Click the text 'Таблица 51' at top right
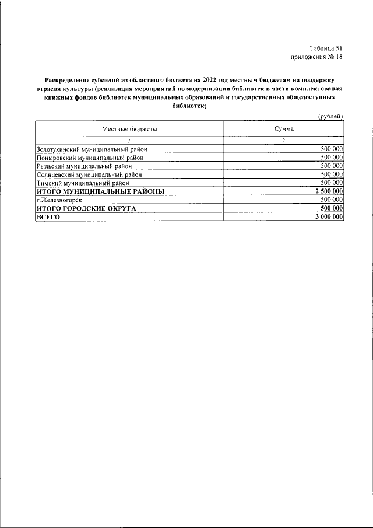pyautogui.click(x=326, y=48)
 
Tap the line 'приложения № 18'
pyautogui.click(x=316, y=57)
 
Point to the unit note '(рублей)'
pyautogui.click(x=330, y=116)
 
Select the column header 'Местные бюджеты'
pyautogui.click(x=129, y=128)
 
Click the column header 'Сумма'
pyautogui.click(x=283, y=128)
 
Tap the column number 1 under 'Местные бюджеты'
pyautogui.click(x=129, y=141)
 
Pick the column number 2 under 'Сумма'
pyautogui.click(x=283, y=141)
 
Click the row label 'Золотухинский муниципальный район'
pyautogui.click(x=92, y=149)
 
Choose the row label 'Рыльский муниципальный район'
pyautogui.click(x=85, y=166)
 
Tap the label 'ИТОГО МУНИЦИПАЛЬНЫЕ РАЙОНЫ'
pyautogui.click(x=100, y=191)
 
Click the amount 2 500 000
pyautogui.click(x=328, y=191)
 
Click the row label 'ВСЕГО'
pyautogui.click(x=48, y=216)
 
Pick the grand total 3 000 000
pyautogui.click(x=328, y=216)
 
